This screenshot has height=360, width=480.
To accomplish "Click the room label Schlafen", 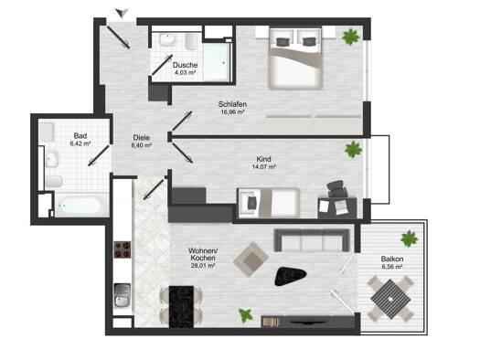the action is pos(232,104).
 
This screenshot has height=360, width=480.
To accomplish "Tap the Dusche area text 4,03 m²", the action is pos(185,72).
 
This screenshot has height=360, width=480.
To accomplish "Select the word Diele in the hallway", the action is pos(142,138).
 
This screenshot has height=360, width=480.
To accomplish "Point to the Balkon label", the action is pos(392,259).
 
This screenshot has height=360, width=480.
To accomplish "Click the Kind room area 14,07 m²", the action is pos(263,167).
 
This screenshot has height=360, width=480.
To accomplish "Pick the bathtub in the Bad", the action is pos(81,205).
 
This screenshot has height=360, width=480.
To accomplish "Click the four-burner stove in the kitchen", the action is pos(123,249).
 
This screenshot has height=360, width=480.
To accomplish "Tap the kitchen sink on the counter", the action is pos(123,295).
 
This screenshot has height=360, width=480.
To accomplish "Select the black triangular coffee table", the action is pos(289,276).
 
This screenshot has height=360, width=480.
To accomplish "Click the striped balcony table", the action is pos(390,298).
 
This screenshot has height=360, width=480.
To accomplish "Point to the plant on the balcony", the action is pos(410,238).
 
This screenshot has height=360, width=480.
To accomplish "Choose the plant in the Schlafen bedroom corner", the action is pos(350,37).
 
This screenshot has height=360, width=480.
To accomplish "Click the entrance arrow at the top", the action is pos(122,14).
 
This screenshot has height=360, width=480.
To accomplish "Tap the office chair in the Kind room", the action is pos(337,189).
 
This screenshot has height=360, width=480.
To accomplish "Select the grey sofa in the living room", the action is pos(312,240).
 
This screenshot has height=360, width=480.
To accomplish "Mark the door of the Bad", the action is pos(99,155).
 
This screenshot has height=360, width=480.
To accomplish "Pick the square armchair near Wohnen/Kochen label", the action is pos(251,259).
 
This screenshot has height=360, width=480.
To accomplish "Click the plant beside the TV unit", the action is pos(246,315).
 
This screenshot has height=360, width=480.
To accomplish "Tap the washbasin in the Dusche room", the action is pos(167,40).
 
